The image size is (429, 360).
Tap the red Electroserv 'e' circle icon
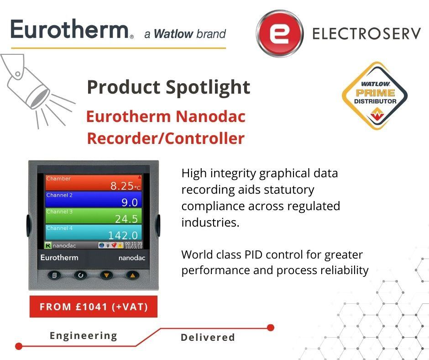coord(279,33)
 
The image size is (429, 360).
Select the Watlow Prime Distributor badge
coord(375,96)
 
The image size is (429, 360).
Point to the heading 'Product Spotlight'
coord(168,87)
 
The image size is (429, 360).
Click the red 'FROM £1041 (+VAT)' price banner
coord(94,307)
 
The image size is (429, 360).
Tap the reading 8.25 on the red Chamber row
coord(122,185)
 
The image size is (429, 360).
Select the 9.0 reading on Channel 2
coord(129,202)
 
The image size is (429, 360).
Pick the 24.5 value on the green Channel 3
coord(126,219)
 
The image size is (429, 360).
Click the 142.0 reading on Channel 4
coord(123,235)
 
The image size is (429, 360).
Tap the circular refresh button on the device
coord(80,275)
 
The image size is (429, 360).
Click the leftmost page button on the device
coord(54,275)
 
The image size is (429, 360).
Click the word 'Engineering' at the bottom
coord(84,336)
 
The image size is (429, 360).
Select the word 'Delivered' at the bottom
coord(208,338)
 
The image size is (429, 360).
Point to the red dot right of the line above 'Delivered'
coord(271,327)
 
